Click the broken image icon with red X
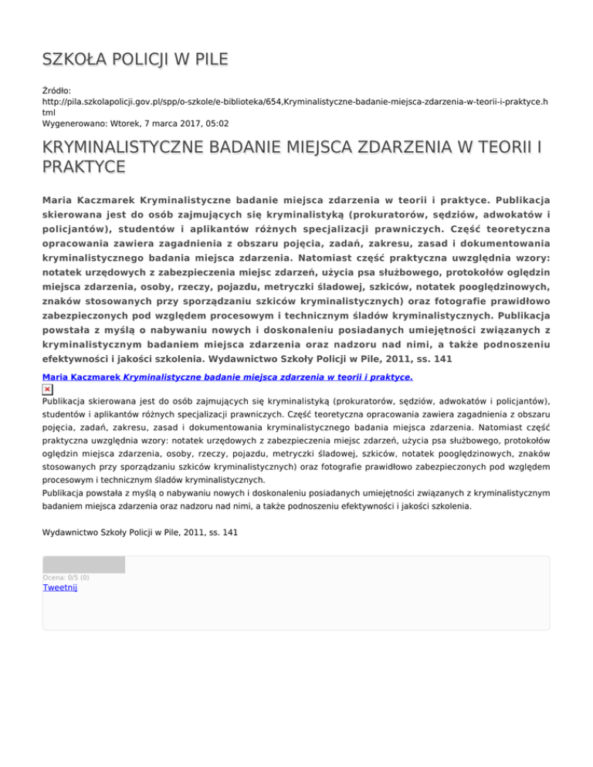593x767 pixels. (48, 390)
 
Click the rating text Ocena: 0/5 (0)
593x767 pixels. (66, 576)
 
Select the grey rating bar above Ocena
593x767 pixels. (83, 564)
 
